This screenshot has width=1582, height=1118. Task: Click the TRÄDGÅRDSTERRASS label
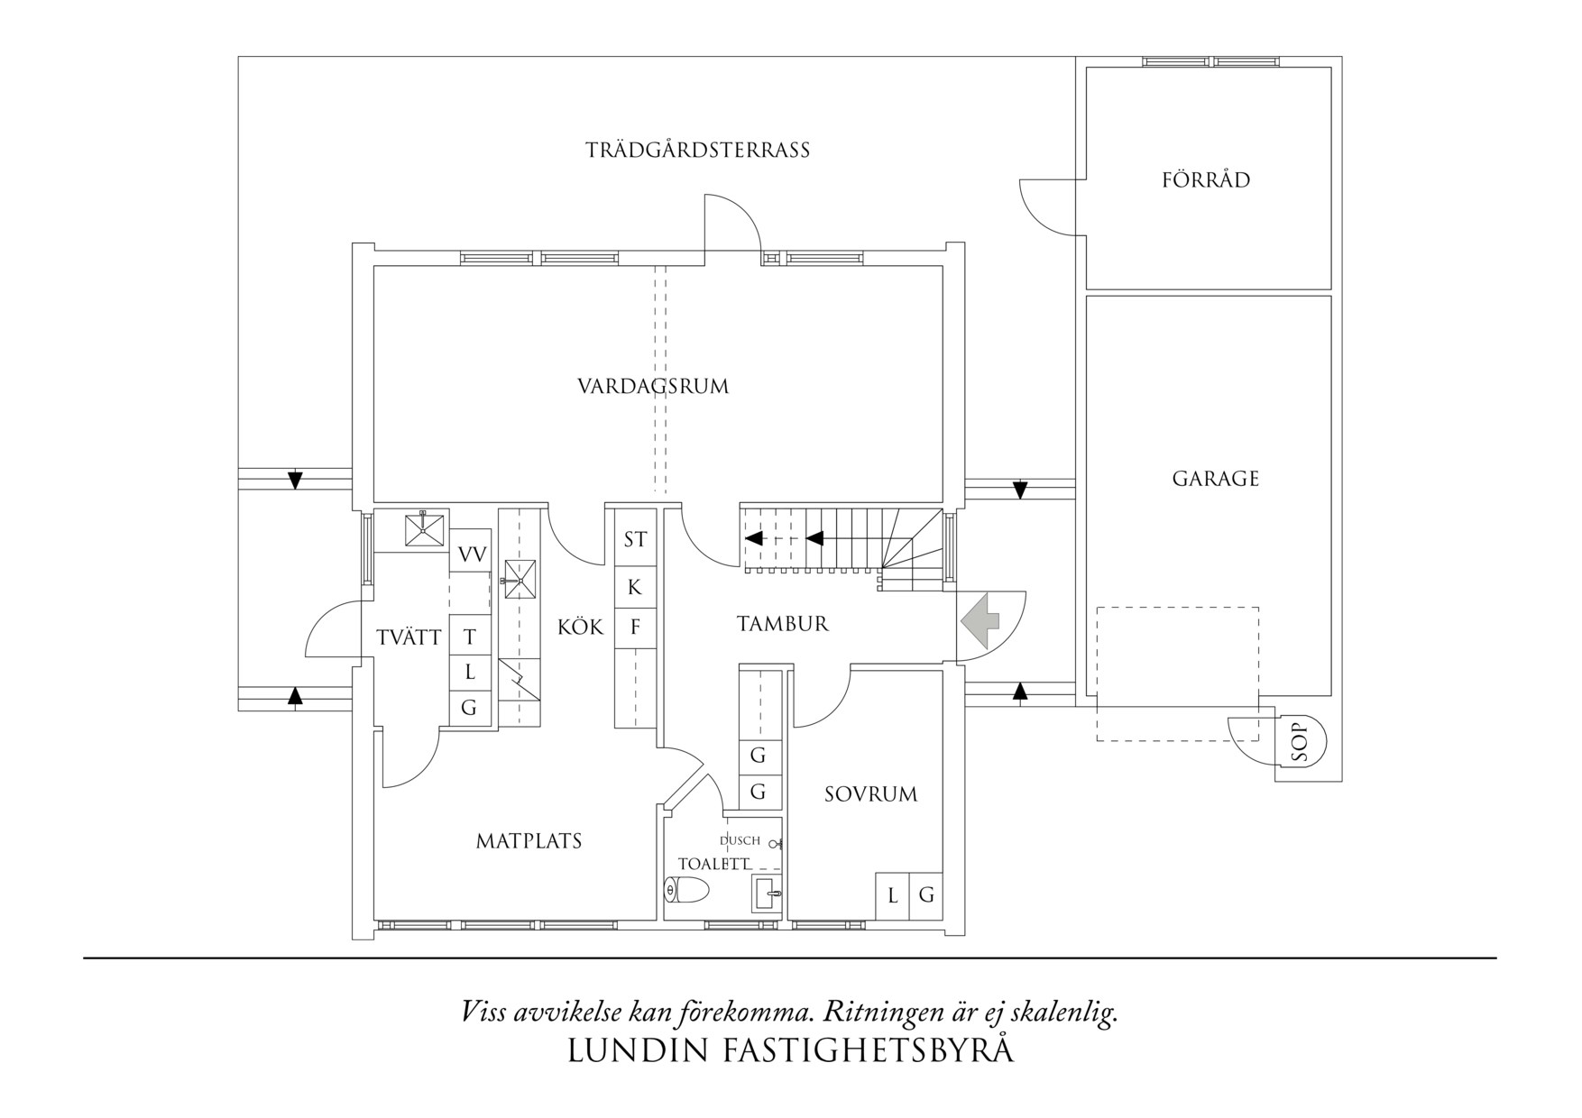[697, 150]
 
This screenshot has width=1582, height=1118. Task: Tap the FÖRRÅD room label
[1206, 179]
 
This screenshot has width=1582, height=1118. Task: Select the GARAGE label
[1215, 479]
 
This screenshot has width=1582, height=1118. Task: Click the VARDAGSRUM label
[653, 387]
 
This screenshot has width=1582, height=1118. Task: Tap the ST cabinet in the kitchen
[635, 539]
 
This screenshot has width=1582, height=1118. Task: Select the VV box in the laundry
[471, 554]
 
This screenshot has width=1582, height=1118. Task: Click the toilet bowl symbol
[685, 890]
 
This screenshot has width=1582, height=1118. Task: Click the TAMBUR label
[782, 624]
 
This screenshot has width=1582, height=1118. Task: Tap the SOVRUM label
[870, 794]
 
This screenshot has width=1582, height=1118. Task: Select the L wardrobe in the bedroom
[892, 896]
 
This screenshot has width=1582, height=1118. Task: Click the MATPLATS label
[529, 841]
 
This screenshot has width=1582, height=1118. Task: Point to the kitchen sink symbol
[520, 579]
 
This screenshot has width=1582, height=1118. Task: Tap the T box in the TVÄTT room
[469, 637]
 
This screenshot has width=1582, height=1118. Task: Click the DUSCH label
[740, 840]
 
